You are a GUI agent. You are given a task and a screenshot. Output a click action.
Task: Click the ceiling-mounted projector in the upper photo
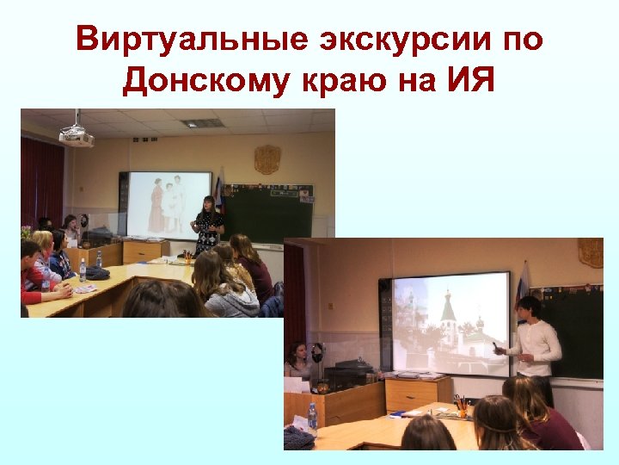pos(77,135)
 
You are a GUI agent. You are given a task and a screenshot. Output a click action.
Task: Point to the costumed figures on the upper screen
pos(168,205)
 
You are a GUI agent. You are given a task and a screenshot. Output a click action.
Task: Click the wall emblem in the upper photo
pos(267,159)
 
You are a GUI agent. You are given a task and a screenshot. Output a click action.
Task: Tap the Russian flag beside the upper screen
pos(218,191)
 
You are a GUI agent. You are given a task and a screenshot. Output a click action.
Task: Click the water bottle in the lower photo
pos(312,418)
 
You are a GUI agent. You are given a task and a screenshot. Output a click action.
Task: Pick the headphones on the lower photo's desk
pos(316,352)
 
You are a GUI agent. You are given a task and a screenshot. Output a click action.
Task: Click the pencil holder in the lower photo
pos(459,405)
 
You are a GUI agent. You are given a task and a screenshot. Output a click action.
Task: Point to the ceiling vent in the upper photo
pos(202,123)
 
